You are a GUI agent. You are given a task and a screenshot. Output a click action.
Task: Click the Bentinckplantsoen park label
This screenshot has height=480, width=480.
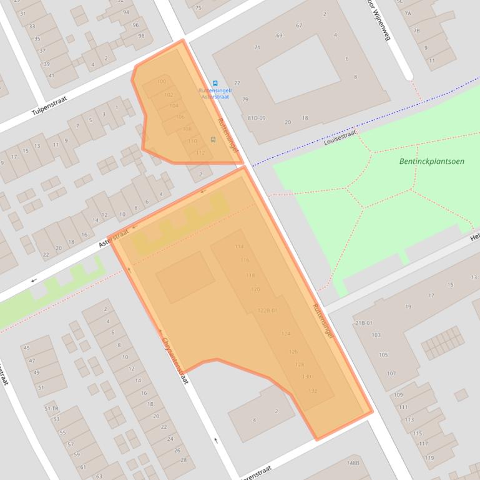[431, 161]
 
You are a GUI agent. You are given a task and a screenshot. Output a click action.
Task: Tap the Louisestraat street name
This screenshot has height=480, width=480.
[340, 137]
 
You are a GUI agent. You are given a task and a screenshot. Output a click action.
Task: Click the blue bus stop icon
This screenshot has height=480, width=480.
[215, 84]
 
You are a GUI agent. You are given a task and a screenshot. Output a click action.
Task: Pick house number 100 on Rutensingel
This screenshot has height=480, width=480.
[162, 82]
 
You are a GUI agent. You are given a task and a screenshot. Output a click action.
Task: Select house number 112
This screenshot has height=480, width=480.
[200, 153]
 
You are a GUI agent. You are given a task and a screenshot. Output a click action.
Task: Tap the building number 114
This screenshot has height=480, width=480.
[239, 247]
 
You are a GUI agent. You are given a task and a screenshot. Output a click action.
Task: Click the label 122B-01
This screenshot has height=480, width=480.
[267, 310]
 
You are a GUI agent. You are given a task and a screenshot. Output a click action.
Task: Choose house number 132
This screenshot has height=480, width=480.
[313, 391]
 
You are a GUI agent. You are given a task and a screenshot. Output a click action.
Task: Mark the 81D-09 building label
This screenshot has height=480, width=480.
[256, 118]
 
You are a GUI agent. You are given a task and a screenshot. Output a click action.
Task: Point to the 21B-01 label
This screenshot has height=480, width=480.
[363, 323]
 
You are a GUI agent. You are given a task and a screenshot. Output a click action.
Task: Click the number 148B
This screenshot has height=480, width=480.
[353, 463]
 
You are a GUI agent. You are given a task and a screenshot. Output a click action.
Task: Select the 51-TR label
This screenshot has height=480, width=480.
[51, 408]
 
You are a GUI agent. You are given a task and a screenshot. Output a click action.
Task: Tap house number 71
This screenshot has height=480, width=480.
[257, 47]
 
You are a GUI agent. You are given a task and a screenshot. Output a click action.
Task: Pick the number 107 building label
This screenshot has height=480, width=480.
[391, 374]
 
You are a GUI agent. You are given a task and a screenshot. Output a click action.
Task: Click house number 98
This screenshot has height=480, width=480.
[141, 36]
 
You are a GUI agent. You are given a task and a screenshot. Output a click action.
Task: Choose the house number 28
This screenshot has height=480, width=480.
[184, 460]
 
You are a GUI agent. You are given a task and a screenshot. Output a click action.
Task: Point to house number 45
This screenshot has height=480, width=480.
[26, 348]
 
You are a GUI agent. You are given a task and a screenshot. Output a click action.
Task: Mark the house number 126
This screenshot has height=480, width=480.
[293, 352]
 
